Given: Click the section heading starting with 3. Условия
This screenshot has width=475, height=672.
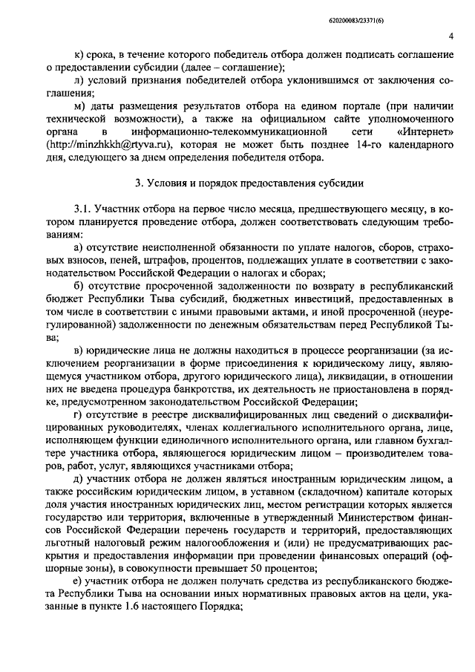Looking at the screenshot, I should click(237, 183).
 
